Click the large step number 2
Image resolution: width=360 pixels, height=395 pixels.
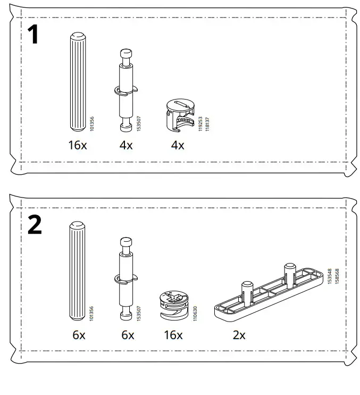[35, 225]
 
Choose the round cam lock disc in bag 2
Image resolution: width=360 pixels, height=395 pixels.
[173, 305]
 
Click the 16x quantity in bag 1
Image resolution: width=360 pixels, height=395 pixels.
[77, 145]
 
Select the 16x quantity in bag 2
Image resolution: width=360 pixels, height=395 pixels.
[173, 335]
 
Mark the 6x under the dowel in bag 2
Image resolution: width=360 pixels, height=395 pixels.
[79, 335]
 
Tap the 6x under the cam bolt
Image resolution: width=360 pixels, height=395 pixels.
[127, 335]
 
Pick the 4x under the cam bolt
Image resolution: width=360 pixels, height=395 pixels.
[126, 145]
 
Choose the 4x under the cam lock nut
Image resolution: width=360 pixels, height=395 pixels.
[178, 145]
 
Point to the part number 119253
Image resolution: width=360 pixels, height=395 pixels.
[200, 124]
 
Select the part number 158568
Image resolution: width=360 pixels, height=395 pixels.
[337, 278]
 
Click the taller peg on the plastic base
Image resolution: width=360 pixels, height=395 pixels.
[290, 273]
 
